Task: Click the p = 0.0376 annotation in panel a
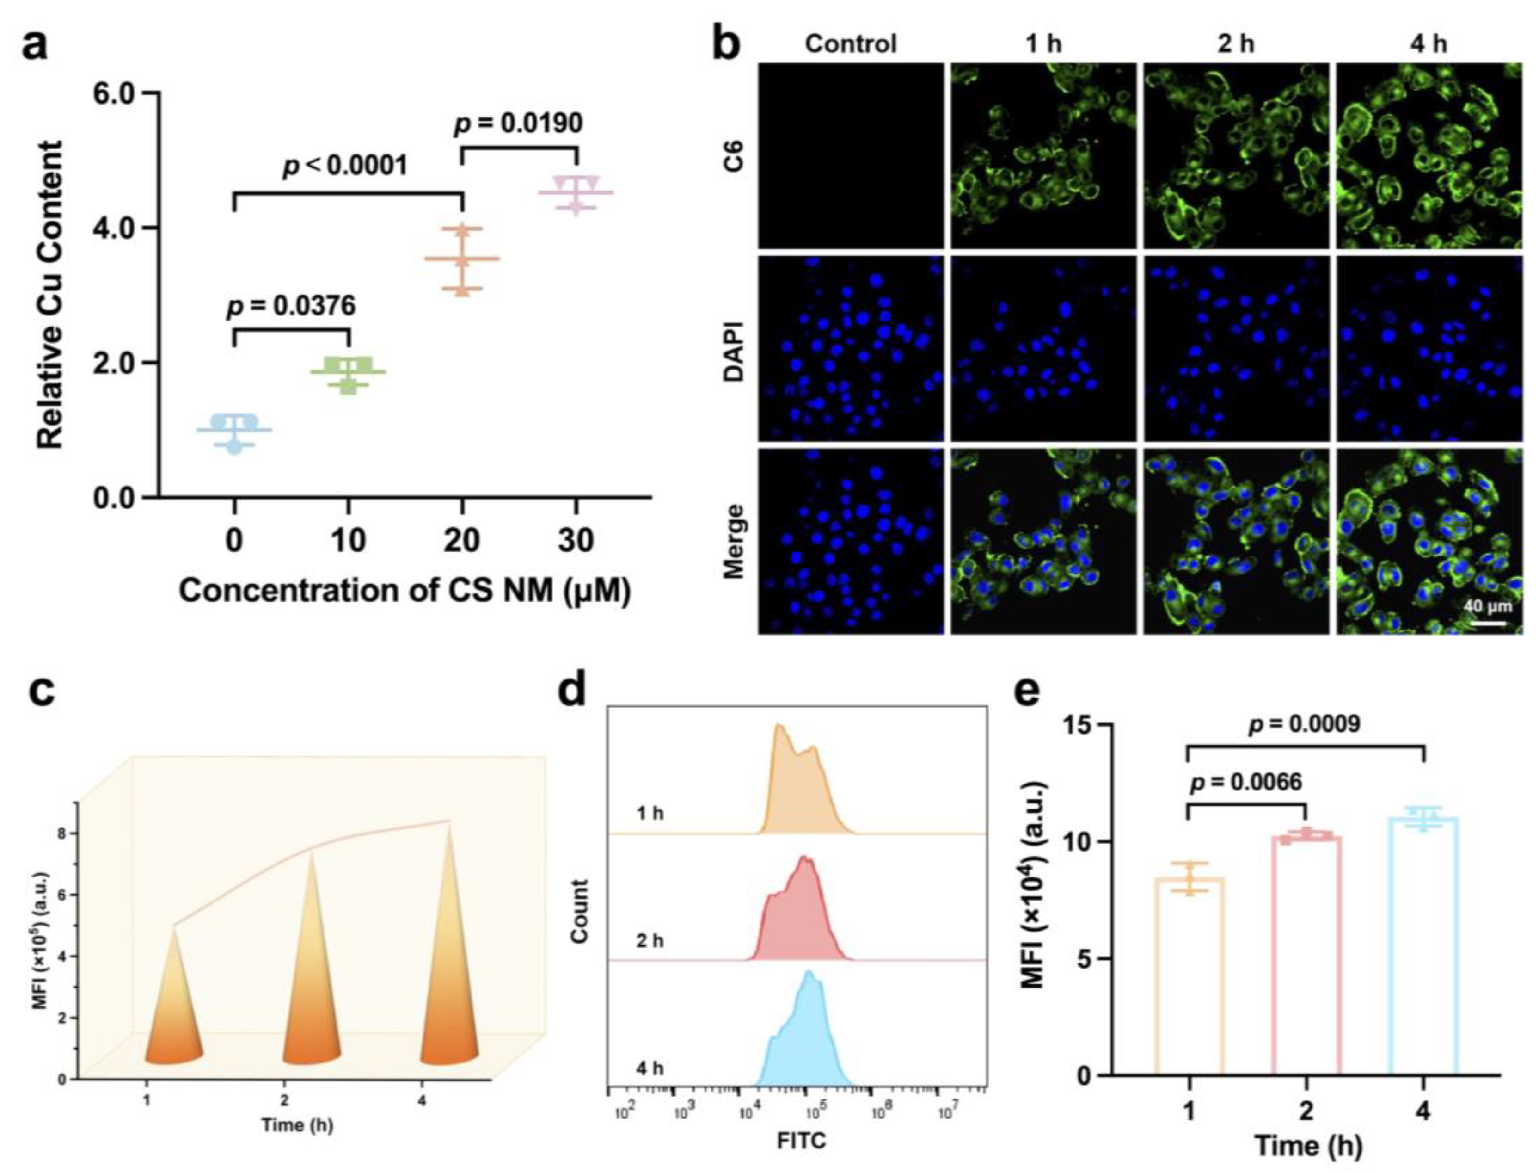[x=291, y=305]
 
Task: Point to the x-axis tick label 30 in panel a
[x=576, y=540]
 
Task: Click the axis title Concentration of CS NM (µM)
[x=405, y=591]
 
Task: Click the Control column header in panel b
[x=850, y=43]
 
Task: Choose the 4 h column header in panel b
[x=1428, y=43]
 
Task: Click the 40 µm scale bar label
[x=1487, y=605]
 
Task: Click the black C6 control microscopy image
[x=850, y=155]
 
